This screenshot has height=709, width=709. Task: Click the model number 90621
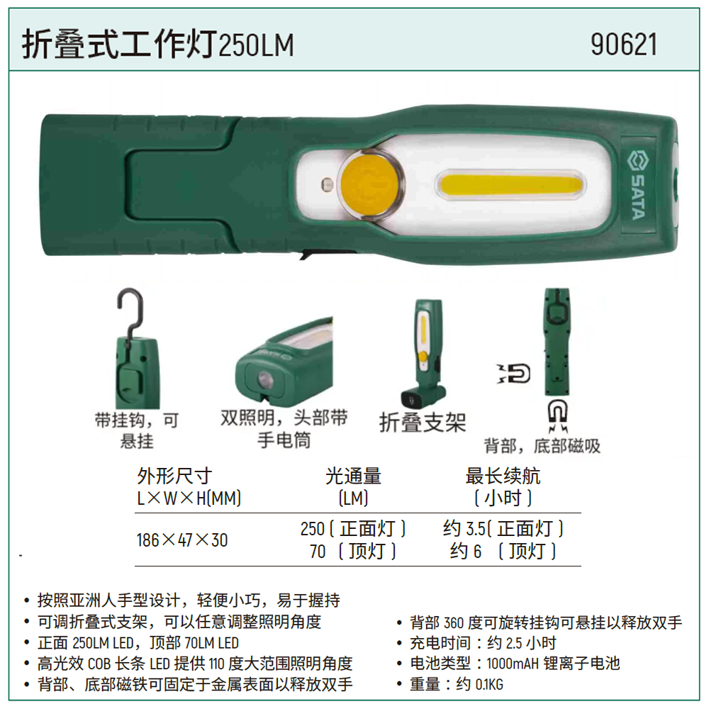point(624,45)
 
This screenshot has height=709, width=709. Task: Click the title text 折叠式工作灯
point(118,45)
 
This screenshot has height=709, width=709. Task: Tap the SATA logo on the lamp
point(636,185)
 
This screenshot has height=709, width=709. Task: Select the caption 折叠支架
point(423,423)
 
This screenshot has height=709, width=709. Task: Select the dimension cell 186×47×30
point(182,540)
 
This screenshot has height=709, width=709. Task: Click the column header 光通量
point(353,476)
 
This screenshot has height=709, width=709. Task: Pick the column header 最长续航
point(503,476)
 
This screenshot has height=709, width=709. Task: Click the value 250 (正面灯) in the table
point(353,529)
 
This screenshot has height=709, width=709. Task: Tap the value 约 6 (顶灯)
point(503,552)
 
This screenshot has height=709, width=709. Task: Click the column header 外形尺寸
point(174,476)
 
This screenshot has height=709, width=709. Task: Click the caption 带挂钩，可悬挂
point(137,430)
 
